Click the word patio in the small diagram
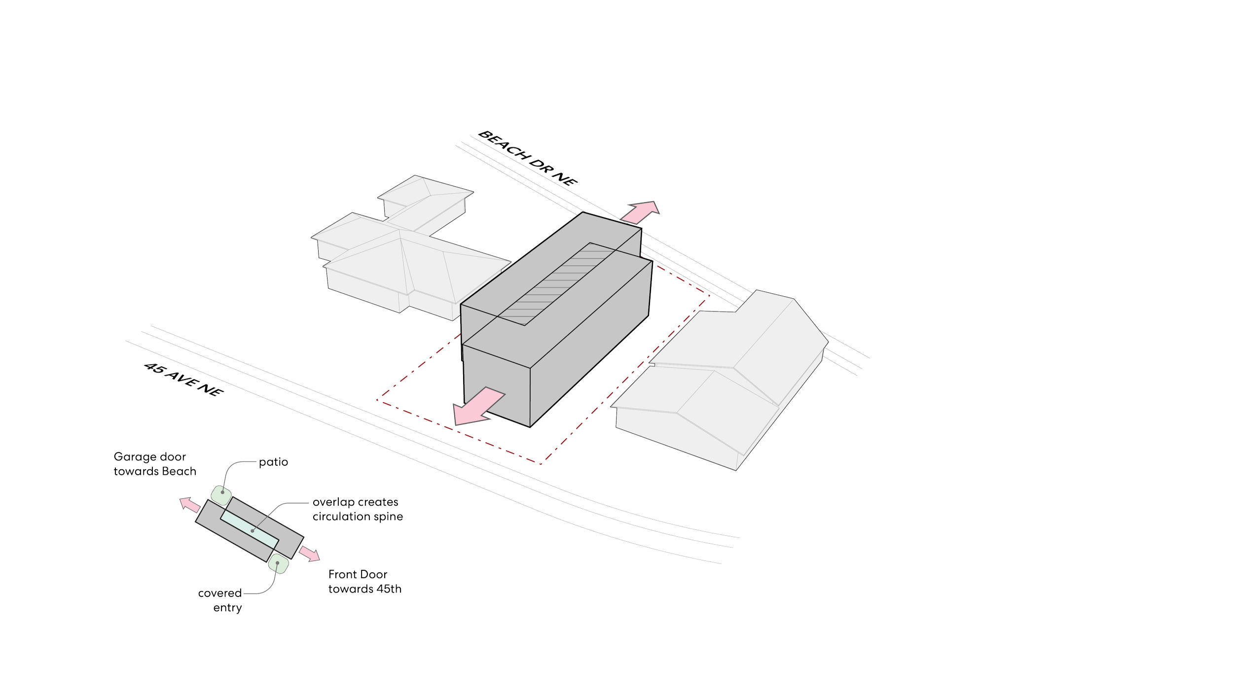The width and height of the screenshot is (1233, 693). [273, 463]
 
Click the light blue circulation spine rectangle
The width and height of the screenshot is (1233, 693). [249, 527]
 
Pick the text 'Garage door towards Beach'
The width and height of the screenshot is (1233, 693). [154, 463]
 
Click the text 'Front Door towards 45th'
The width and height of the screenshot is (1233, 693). [364, 582]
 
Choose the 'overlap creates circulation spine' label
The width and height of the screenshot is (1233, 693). [357, 509]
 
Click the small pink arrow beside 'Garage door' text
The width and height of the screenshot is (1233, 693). [189, 505]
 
